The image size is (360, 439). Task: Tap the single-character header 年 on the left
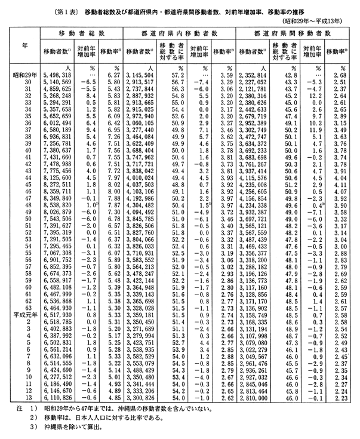[x=23, y=45]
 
